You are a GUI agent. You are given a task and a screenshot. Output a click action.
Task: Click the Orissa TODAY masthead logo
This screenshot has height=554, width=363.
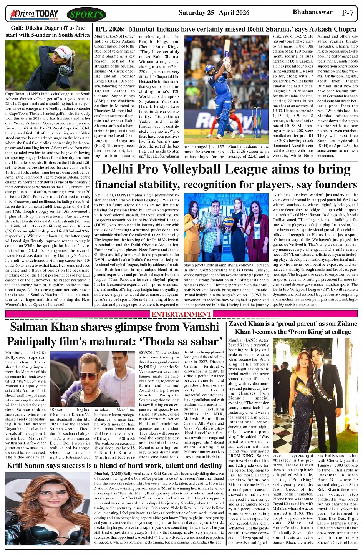click(35, 15)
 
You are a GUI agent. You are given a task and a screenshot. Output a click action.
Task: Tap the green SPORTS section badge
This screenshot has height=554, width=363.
click(86, 15)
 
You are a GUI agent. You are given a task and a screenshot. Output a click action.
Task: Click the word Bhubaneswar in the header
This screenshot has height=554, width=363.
click(312, 12)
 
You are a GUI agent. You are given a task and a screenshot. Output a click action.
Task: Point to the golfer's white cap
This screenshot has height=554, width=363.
click(65, 50)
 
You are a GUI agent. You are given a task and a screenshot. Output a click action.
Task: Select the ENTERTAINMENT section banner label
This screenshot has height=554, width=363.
click(181, 314)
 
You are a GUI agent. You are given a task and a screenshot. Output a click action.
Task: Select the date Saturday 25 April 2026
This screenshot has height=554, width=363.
click(214, 13)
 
